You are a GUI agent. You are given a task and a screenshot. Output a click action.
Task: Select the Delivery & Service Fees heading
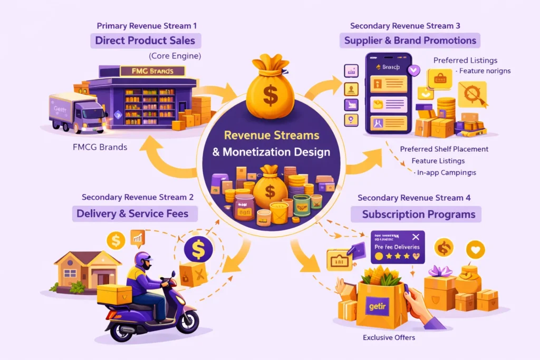(136, 213)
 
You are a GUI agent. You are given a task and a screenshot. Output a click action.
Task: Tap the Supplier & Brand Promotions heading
(410, 40)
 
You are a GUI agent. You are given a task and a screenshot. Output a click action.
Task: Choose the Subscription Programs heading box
(419, 214)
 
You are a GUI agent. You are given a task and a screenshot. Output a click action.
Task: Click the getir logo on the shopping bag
(375, 304)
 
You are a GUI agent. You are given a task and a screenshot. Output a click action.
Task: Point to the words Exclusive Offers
(388, 337)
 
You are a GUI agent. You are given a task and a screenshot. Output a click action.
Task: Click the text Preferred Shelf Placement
(444, 149)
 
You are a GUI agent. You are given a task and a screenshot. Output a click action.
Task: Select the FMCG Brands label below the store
(100, 147)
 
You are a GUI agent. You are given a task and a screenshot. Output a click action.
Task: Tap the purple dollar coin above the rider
(198, 250)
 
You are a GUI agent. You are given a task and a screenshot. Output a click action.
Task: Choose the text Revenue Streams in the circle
(271, 135)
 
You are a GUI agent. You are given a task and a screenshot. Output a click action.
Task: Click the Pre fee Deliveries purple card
(397, 246)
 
